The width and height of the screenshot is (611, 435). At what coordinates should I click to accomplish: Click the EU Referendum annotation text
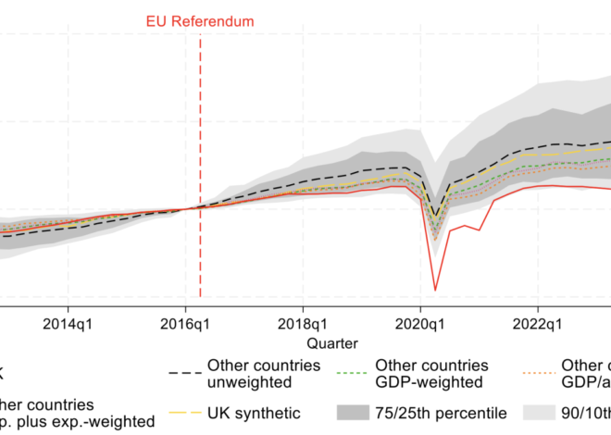(x=200, y=21)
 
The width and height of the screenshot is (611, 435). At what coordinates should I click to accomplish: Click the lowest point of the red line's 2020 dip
(x=435, y=290)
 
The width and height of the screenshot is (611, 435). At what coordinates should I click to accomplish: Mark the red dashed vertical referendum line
(x=200, y=139)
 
